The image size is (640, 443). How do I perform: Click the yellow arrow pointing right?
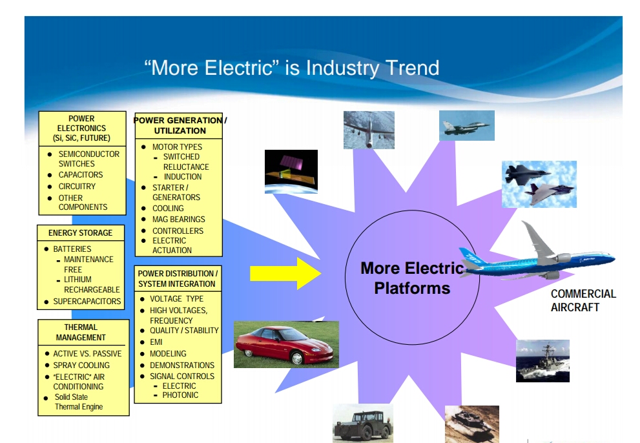[285, 273]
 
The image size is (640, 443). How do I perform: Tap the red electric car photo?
[285, 344]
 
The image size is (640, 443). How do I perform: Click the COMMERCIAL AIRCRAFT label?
[583, 300]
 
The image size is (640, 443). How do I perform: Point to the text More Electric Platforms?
[411, 278]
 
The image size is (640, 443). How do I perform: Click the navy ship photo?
[542, 360]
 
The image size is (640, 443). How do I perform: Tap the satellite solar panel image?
[291, 171]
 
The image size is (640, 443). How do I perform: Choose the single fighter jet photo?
[466, 125]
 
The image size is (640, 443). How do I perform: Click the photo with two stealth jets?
[539, 184]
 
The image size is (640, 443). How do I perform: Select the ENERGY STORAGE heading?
[80, 232]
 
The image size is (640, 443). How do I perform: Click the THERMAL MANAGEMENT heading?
[81, 332]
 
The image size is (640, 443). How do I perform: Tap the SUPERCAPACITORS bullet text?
[87, 302]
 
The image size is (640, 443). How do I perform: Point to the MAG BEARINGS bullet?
[178, 220]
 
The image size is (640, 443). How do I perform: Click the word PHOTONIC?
[180, 395]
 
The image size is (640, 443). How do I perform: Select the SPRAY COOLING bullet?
[81, 366]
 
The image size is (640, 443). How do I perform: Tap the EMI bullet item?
[156, 342]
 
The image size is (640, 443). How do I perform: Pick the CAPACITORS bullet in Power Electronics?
[80, 175]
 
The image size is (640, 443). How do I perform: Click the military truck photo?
[362, 423]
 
